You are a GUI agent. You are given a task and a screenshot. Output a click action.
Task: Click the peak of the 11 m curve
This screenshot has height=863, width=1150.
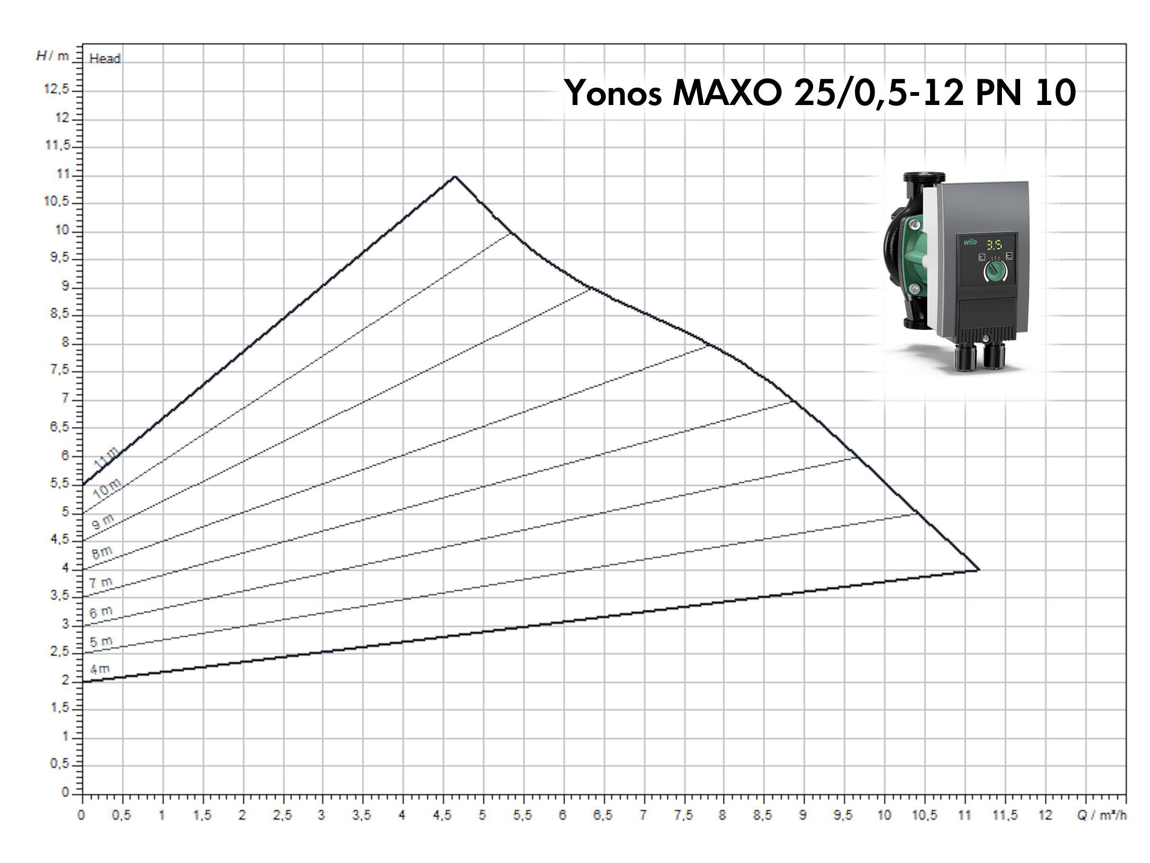455,176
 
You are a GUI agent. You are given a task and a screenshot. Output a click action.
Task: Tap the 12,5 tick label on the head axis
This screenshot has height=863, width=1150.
56,90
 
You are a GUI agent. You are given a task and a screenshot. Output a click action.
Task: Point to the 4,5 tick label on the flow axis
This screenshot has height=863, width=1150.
442,815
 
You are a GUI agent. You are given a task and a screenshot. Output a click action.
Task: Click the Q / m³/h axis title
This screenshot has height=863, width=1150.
1102,815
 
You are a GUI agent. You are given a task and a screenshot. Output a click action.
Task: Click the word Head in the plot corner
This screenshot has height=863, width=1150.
104,58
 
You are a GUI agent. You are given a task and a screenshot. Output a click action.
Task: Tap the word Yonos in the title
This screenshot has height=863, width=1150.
613,93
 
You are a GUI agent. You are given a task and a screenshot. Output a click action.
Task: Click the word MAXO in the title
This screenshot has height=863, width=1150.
728,93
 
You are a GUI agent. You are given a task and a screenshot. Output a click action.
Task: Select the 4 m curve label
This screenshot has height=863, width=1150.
100,669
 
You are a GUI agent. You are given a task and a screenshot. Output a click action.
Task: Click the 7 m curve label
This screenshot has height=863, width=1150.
101,583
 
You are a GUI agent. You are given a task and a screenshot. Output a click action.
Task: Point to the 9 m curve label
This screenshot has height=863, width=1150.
103,521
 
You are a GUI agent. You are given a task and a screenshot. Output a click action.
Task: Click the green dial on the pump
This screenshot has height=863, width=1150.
995,271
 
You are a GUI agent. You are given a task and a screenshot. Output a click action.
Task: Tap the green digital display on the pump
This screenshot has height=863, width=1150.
995,245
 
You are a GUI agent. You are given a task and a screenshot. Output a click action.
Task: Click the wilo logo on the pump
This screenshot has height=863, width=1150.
970,242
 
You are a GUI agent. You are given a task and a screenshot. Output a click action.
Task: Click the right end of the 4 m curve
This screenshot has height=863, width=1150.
979,570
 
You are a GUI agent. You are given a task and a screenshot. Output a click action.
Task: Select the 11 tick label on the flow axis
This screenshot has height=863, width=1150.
965,815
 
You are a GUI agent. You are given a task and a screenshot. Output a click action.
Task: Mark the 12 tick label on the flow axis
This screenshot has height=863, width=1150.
1045,815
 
